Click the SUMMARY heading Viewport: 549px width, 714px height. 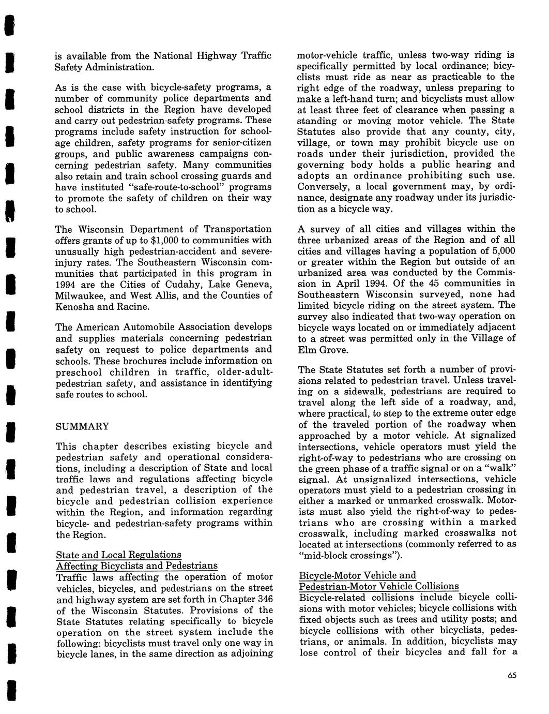pos(82,426)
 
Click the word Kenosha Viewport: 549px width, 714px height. pos(75,307)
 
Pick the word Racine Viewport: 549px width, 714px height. pos(134,307)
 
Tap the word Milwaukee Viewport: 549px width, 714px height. pos(81,296)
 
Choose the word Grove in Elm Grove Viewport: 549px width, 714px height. pos(332,350)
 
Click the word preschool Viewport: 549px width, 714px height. pos(78,372)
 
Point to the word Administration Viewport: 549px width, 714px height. pos(121,67)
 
